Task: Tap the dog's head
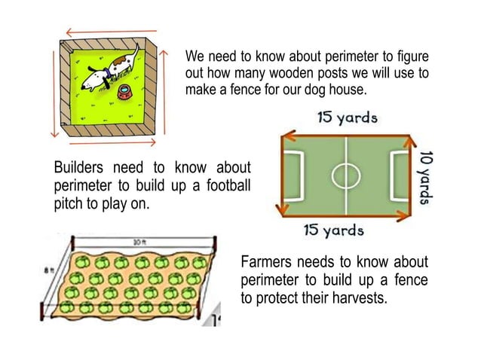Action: click(x=93, y=78)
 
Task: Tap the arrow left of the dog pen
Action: click(x=54, y=90)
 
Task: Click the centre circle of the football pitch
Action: click(x=346, y=175)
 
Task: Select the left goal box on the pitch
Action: click(x=293, y=175)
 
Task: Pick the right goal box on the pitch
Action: click(x=399, y=175)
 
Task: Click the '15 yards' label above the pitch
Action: click(x=348, y=117)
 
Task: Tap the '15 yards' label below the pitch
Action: click(x=333, y=230)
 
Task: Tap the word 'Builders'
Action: click(x=78, y=166)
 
